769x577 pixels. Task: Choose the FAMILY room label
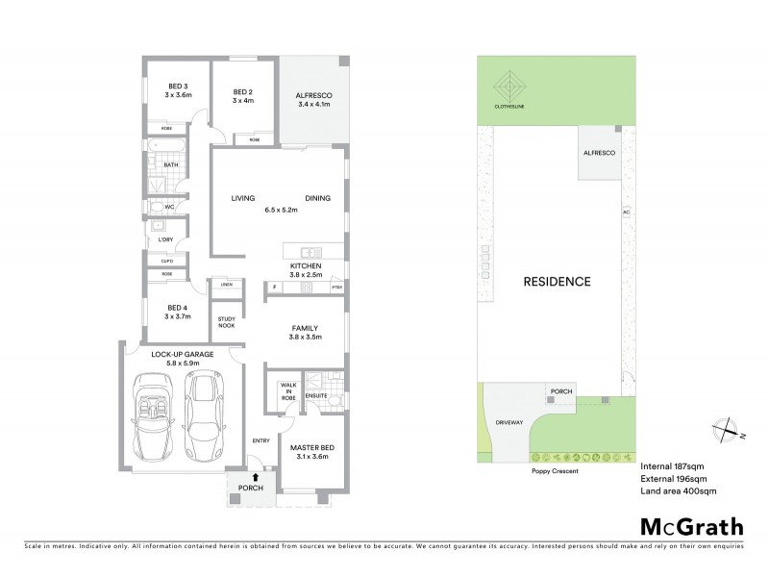305,328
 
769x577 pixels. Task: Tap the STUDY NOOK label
227,322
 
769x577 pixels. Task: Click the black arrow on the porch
256,475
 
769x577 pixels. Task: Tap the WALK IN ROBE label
286,390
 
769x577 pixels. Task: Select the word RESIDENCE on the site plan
557,282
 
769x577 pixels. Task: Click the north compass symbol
726,430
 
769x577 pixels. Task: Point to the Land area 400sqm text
678,490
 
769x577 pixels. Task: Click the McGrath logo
692,526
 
